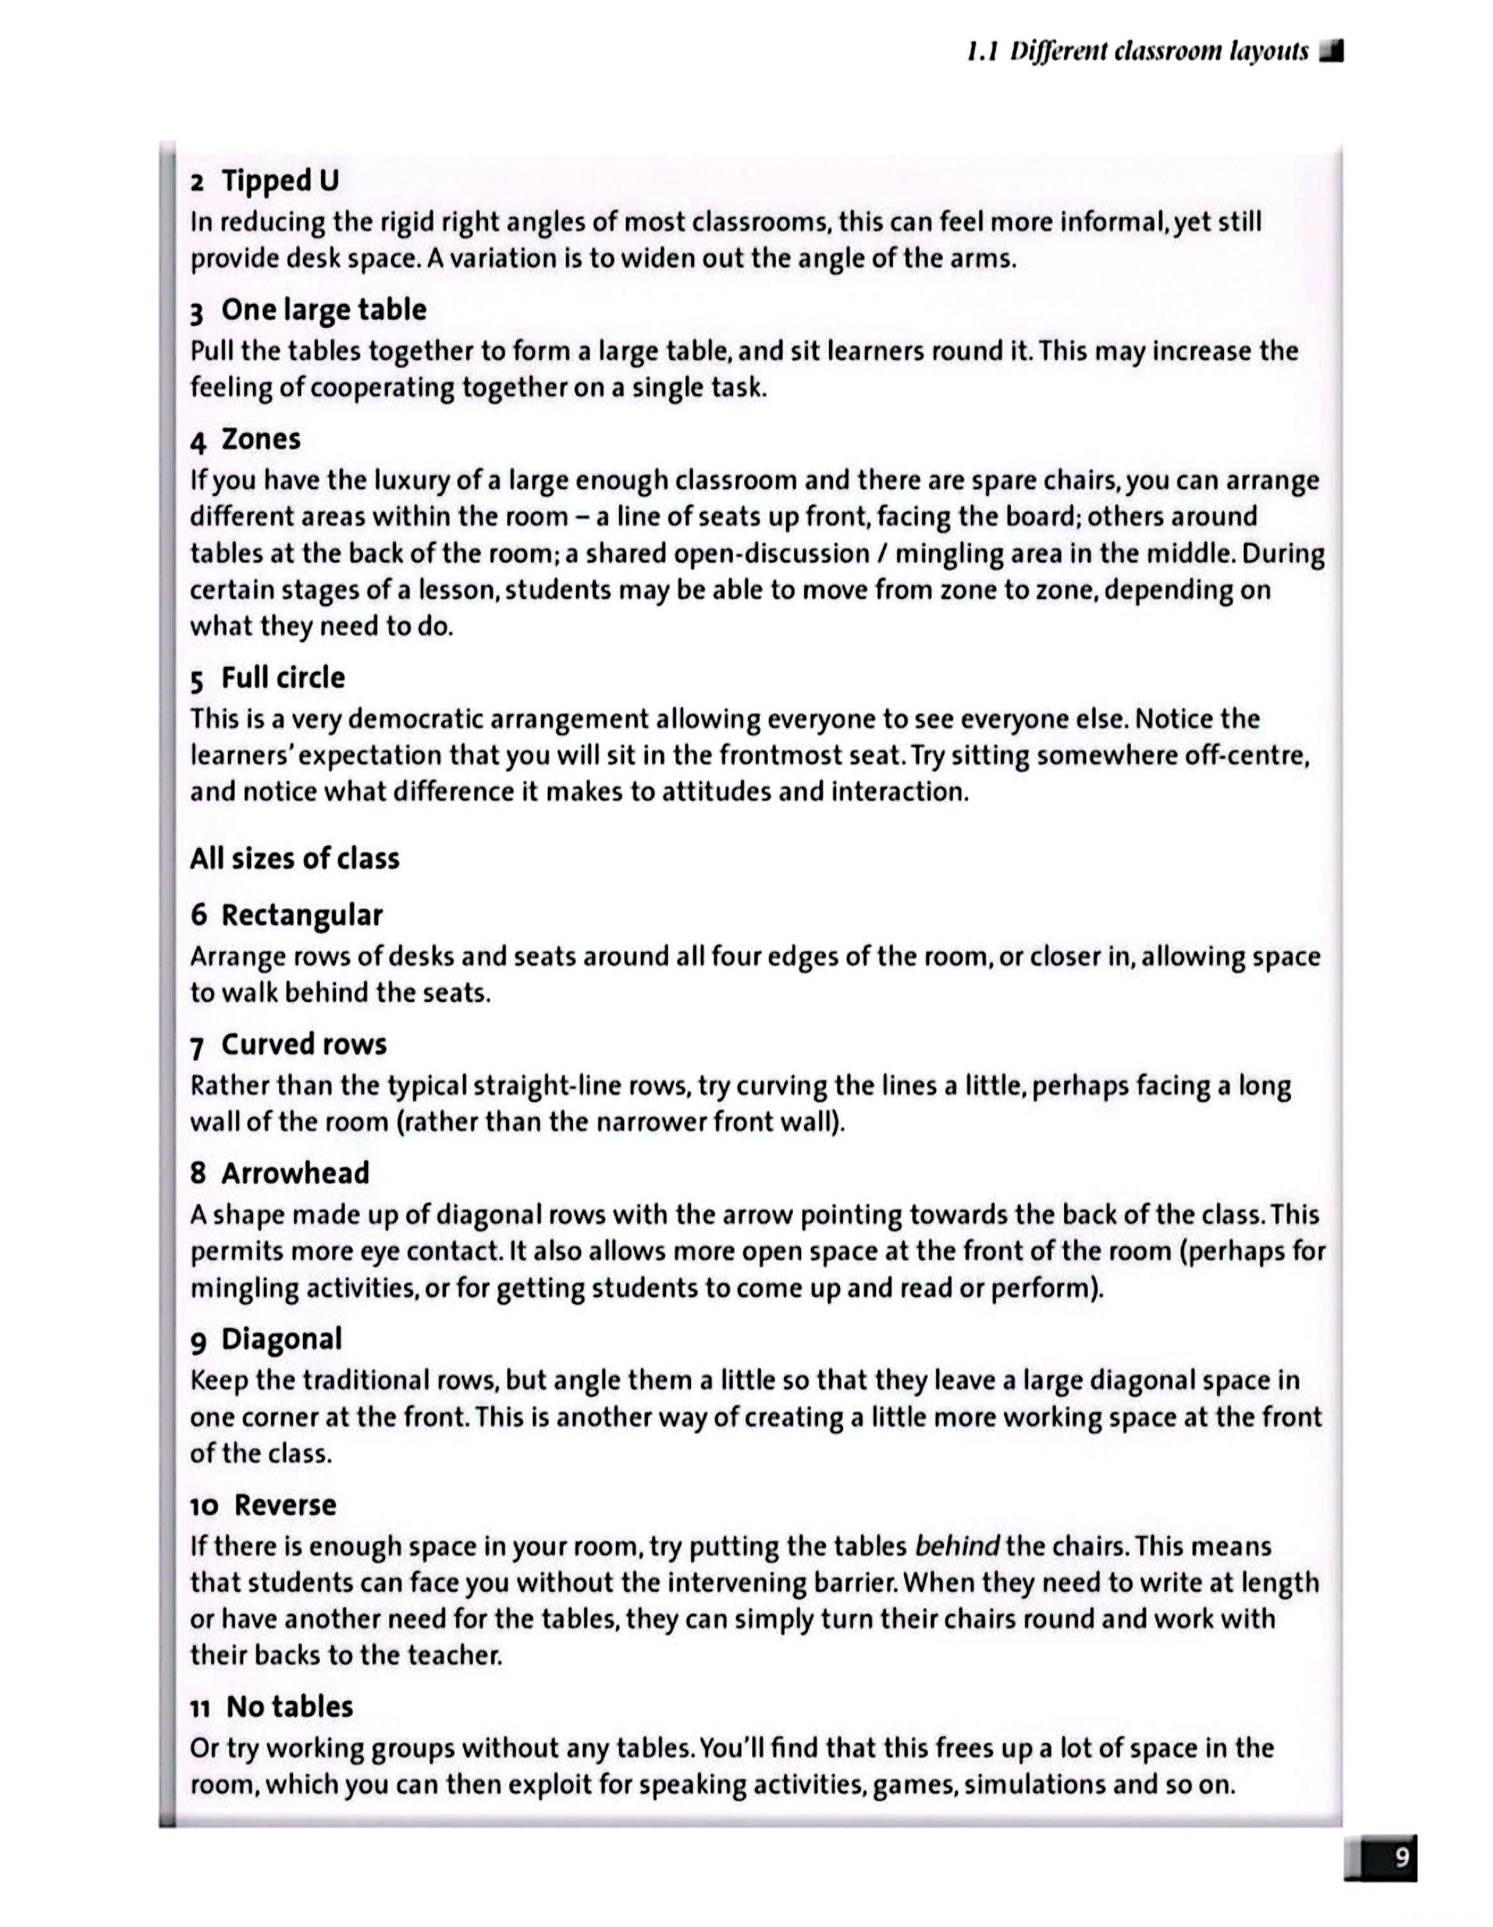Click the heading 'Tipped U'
click(x=279, y=181)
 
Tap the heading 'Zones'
click(x=260, y=439)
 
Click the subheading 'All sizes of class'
click(x=295, y=859)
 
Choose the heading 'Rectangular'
click(x=302, y=915)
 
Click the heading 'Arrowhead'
click(x=295, y=1174)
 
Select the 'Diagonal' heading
click(x=281, y=1339)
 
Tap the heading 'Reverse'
click(x=285, y=1505)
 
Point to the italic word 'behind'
click(x=957, y=1547)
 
